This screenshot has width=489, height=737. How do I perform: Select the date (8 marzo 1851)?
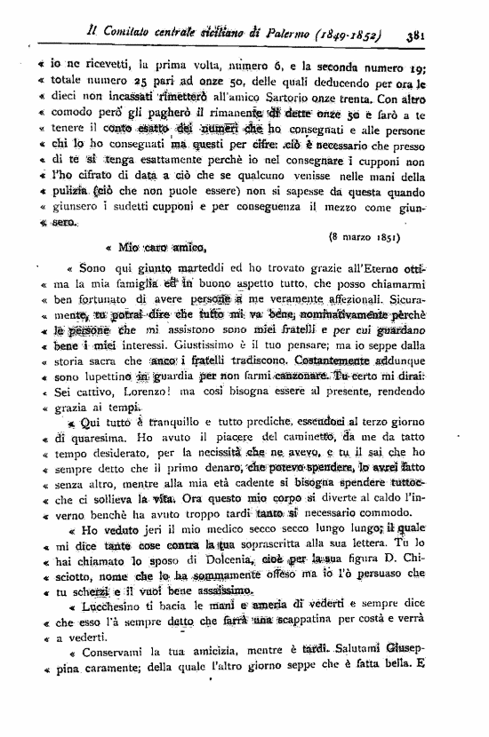point(364,237)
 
